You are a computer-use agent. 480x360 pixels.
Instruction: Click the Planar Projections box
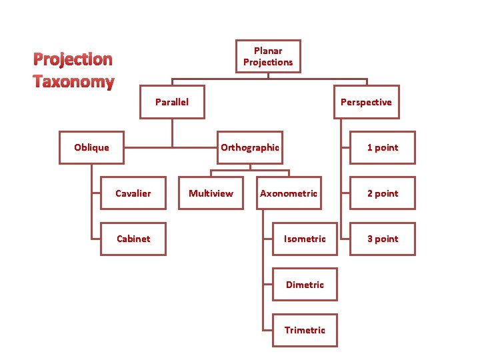pyautogui.click(x=268, y=57)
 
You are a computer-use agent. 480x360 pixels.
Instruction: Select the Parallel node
pyautogui.click(x=172, y=102)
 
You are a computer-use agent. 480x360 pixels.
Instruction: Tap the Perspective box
pyautogui.click(x=366, y=102)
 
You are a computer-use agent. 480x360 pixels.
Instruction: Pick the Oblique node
pyautogui.click(x=92, y=147)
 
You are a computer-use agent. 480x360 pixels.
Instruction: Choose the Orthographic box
pyautogui.click(x=250, y=147)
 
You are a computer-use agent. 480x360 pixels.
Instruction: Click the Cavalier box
pyautogui.click(x=133, y=193)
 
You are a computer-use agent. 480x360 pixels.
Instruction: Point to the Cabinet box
pyautogui.click(x=133, y=239)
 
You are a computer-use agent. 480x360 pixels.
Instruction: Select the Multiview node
pyautogui.click(x=211, y=193)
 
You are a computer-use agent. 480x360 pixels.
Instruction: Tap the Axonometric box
pyautogui.click(x=289, y=193)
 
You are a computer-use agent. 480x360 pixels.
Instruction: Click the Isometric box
pyautogui.click(x=305, y=239)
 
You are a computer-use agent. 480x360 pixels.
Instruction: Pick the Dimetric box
pyautogui.click(x=305, y=285)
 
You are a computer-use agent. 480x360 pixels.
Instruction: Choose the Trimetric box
pyautogui.click(x=305, y=330)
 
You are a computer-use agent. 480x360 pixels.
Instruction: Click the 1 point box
pyautogui.click(x=383, y=147)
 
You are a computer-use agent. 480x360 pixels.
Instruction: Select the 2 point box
pyautogui.click(x=383, y=193)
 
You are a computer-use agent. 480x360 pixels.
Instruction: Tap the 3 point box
pyautogui.click(x=383, y=239)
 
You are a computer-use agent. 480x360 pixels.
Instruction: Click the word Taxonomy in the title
pyautogui.click(x=74, y=82)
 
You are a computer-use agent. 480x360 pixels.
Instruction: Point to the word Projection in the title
pyautogui.click(x=73, y=59)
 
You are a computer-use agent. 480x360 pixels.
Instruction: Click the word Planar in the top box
pyautogui.click(x=268, y=51)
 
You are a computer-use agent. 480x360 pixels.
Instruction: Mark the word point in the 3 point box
pyautogui.click(x=387, y=239)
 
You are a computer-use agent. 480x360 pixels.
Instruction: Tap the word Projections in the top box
pyautogui.click(x=268, y=63)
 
